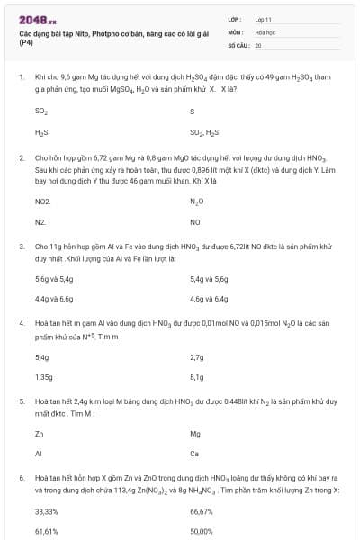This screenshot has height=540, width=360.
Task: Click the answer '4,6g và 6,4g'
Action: pos(209,298)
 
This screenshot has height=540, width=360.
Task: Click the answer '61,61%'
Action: pos(46,531)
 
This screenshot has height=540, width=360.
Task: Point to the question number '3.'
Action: pos(22,245)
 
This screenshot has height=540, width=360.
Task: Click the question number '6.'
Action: pos(22,479)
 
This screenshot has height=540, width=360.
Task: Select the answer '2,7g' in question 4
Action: pos(198,357)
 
